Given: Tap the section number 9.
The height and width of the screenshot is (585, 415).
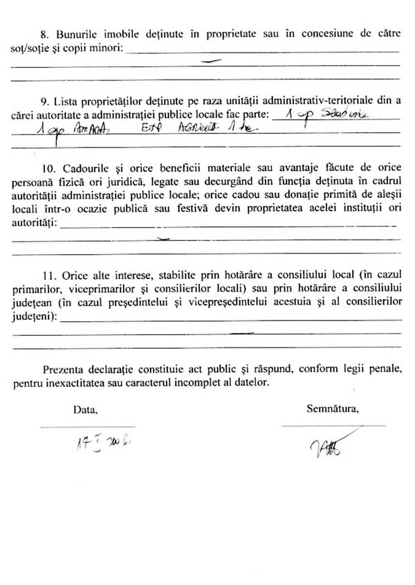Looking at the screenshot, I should pyautogui.click(x=45, y=101).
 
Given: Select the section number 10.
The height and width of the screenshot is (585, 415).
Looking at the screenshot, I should pyautogui.click(x=47, y=169).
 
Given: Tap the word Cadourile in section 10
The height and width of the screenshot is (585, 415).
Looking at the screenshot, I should pyautogui.click(x=84, y=169).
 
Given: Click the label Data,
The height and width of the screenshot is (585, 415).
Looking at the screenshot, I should pyautogui.click(x=86, y=409).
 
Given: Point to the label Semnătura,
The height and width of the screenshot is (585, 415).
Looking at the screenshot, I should pyautogui.click(x=333, y=409).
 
